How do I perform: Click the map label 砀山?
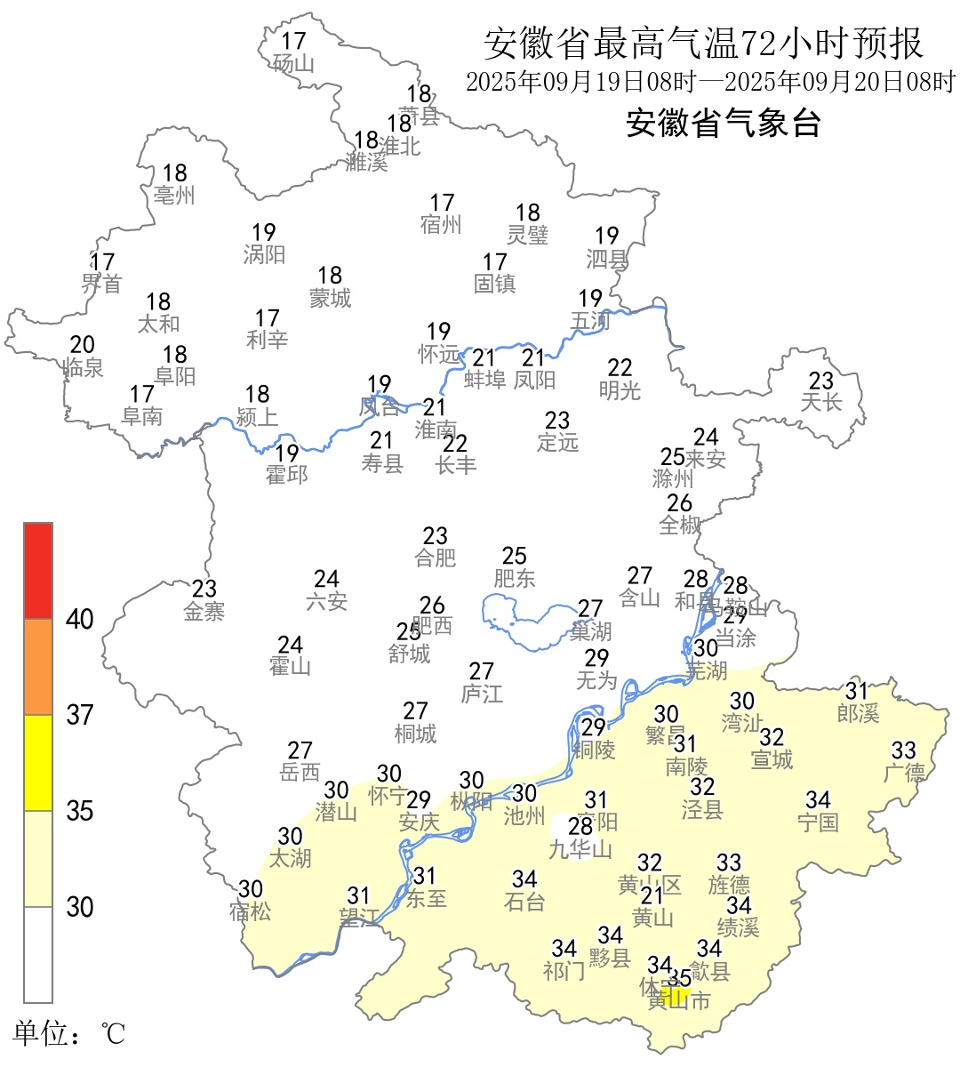[294, 63]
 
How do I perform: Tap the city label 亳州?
[174, 195]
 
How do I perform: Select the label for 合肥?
[436, 558]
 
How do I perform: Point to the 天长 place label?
[820, 402]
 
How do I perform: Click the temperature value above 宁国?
[818, 800]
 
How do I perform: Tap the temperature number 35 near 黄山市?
[679, 978]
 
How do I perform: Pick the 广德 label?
[904, 773]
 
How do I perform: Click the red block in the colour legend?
[38, 570]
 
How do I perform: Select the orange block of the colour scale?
[38, 667]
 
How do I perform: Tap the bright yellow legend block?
[38, 763]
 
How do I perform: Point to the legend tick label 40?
[80, 620]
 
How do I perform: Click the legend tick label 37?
[80, 715]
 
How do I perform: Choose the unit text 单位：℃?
[68, 1034]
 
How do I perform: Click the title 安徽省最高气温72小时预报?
[703, 43]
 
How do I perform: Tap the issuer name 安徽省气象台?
[723, 123]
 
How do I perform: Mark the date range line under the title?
[709, 82]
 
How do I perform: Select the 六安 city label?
[326, 601]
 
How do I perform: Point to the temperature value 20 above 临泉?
[83, 345]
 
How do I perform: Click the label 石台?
[524, 901]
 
